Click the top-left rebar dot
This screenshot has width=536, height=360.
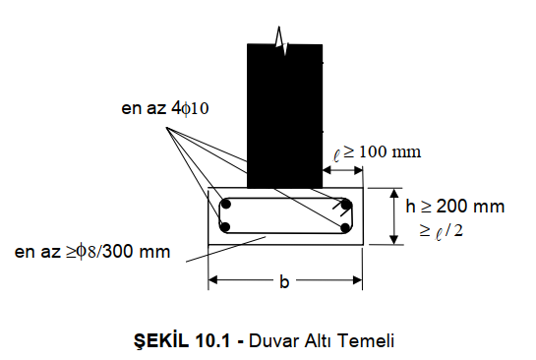click(x=225, y=205)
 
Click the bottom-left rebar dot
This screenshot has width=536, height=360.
click(x=225, y=226)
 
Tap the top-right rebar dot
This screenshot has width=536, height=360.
click(x=346, y=205)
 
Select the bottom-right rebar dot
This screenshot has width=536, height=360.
click(x=345, y=227)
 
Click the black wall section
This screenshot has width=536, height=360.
click(x=285, y=116)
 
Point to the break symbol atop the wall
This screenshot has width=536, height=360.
click(x=281, y=40)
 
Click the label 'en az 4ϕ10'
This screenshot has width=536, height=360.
click(x=165, y=108)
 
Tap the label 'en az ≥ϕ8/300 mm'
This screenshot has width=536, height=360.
click(x=92, y=252)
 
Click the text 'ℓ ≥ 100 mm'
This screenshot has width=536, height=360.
click(x=377, y=152)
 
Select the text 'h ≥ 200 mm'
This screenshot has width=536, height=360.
click(x=455, y=207)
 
